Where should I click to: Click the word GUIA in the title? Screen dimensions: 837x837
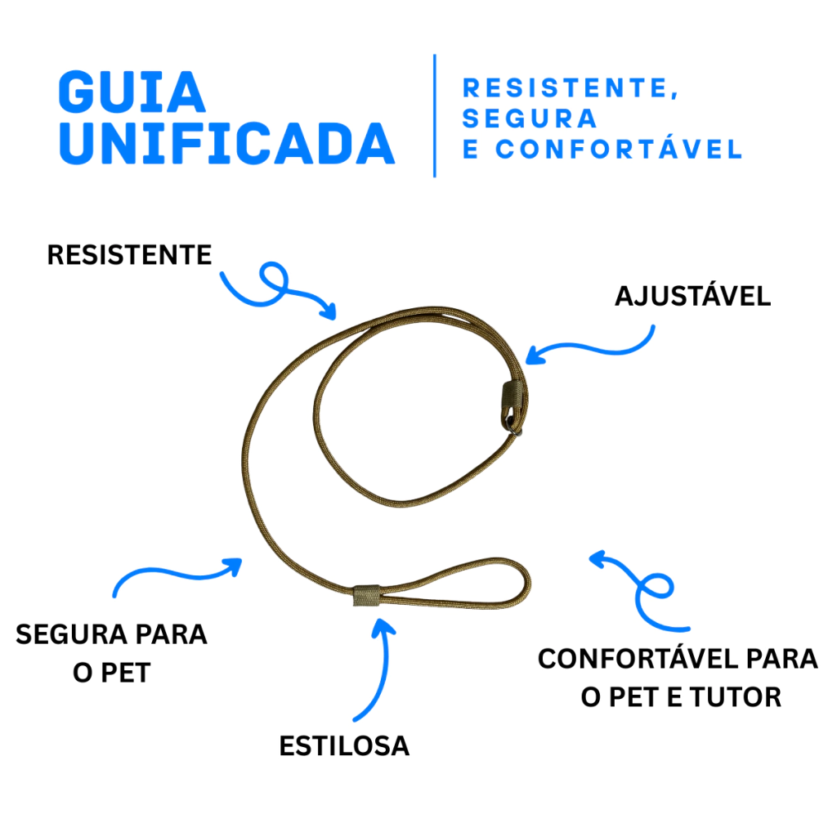132,92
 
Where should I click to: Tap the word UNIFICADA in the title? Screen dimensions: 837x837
226,144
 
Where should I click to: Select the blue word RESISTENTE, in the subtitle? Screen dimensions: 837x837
570,88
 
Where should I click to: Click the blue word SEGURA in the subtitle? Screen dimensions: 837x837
529,119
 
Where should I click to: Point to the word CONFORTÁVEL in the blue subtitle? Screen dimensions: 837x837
620,149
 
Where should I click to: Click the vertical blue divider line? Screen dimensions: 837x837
435,115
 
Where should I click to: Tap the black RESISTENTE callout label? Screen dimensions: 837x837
130,255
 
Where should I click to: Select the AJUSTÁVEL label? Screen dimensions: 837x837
693,295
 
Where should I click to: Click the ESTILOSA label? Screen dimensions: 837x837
344,745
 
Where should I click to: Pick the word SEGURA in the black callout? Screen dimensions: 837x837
72,634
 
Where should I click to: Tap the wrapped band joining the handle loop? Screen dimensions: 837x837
367,596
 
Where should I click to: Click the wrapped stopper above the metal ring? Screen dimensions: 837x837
512,398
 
